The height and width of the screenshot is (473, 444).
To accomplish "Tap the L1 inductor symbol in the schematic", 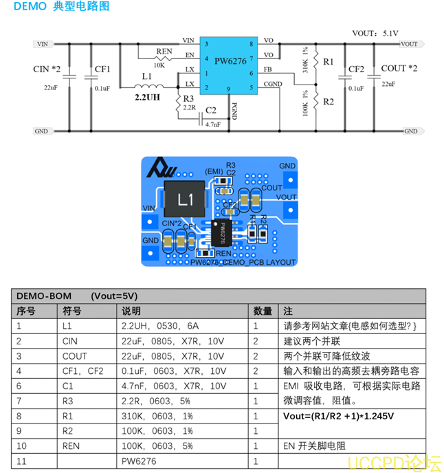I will pos(144,87).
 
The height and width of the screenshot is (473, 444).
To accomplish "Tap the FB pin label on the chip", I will pos(267,69).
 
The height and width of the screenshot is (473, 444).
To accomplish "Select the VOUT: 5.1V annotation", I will pos(375,32).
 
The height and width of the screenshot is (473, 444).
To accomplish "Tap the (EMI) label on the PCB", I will pos(214,170).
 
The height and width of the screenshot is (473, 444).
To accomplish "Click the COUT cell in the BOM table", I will pos(75,356).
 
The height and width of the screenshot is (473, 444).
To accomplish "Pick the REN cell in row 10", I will pos(71,446).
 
